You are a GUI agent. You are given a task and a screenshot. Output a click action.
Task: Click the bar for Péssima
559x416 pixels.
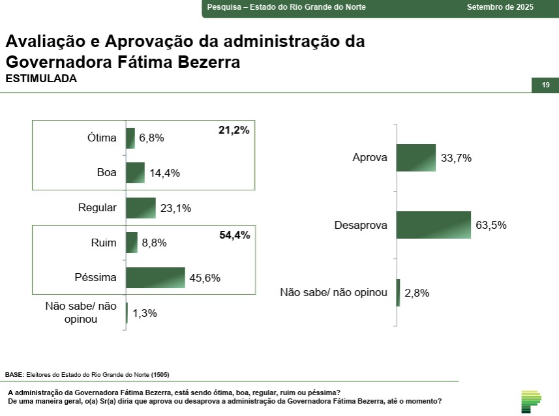[155, 278]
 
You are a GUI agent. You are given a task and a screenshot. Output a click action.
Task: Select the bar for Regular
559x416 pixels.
[140, 208]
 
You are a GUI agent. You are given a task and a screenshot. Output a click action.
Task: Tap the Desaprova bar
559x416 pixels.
[433, 225]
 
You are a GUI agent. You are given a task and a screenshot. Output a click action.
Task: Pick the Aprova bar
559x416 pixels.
[415, 158]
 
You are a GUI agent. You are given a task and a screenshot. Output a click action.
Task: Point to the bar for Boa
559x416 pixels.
[135, 173]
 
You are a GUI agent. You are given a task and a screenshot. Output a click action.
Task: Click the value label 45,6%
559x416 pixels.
[205, 278]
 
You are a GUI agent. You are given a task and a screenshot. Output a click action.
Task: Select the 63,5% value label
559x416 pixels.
[491, 226]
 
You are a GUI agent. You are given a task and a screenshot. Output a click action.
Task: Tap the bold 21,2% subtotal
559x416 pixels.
[234, 130]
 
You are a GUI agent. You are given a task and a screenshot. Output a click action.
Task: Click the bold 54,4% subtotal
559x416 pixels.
[234, 235]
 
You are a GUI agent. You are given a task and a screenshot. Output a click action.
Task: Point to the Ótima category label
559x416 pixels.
[102, 138]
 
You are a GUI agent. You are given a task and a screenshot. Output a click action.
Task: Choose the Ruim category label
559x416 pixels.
[104, 243]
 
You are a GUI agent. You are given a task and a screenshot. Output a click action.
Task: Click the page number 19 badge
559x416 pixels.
[545, 85]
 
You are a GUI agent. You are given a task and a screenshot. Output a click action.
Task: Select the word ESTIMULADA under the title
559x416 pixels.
[41, 79]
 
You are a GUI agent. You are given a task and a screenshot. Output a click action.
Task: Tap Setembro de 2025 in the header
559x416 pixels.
[500, 7]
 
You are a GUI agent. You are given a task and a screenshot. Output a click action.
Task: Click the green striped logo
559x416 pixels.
[531, 401]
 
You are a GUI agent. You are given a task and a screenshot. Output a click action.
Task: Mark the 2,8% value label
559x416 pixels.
[417, 293]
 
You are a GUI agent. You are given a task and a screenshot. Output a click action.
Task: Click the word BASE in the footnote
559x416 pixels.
[14, 375]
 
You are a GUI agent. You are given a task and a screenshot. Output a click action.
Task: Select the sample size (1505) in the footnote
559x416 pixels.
[160, 375]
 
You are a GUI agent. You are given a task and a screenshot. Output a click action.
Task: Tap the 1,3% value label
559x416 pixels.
[145, 313]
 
